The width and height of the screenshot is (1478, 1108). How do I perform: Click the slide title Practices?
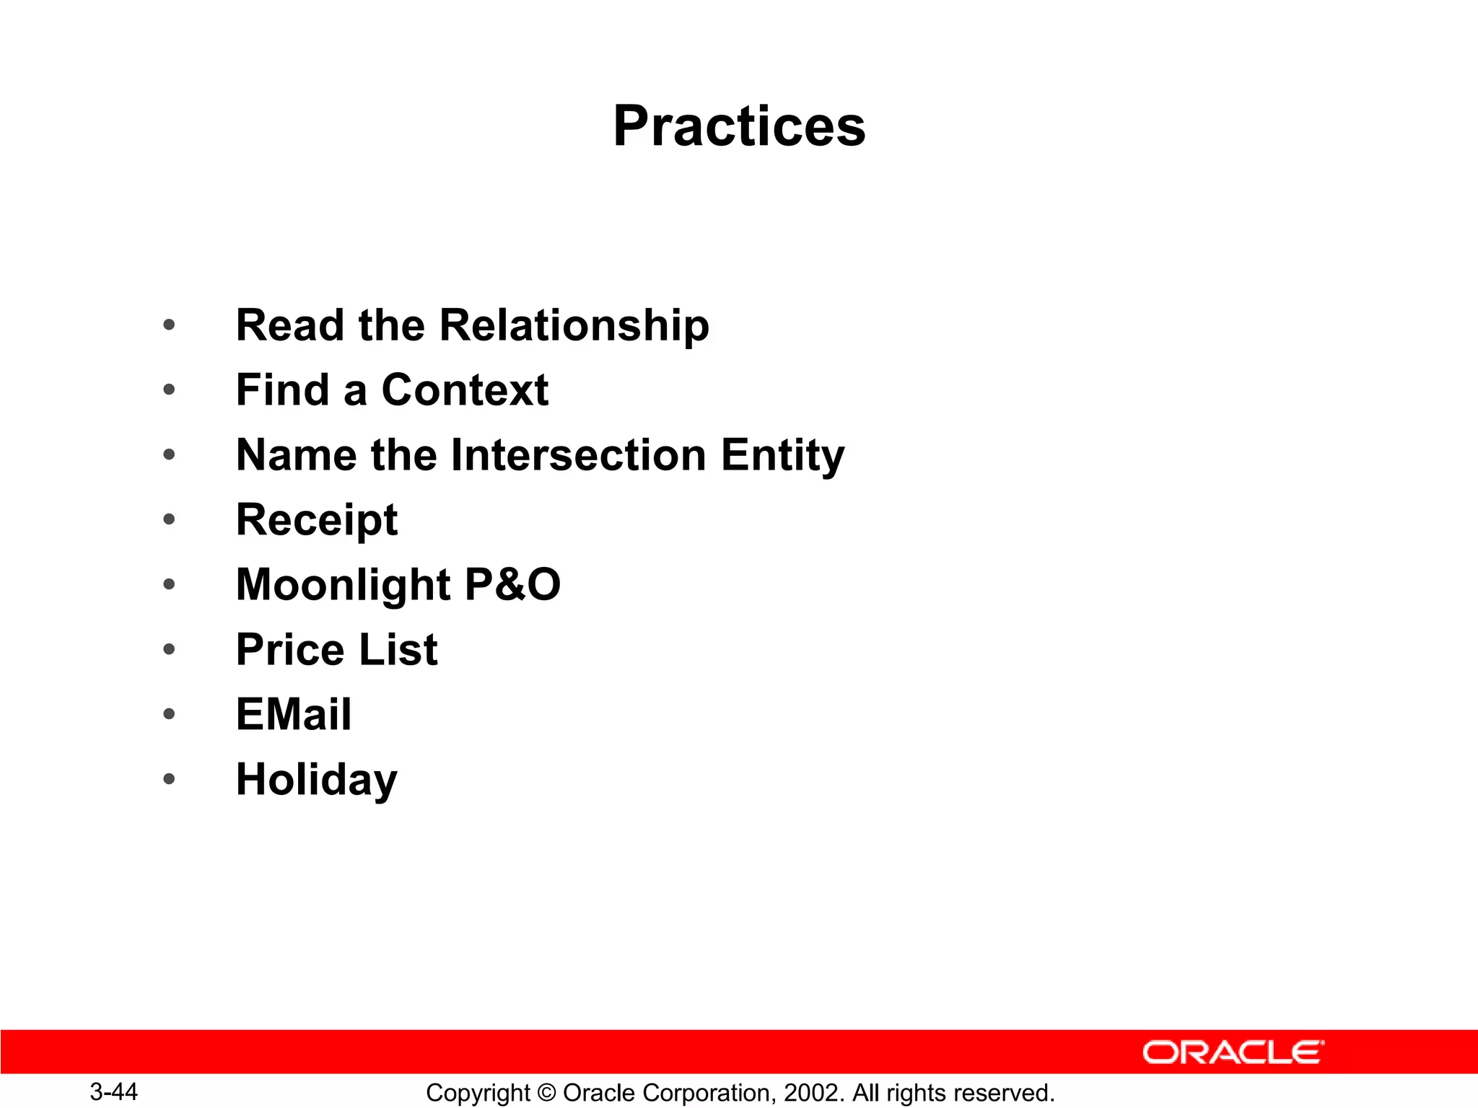click(x=739, y=126)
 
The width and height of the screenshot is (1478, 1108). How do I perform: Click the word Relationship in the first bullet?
click(x=574, y=325)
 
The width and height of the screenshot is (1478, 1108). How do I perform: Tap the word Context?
click(x=465, y=390)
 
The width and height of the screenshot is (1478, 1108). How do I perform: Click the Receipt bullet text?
click(x=316, y=520)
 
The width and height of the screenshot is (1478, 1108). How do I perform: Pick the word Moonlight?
click(x=343, y=585)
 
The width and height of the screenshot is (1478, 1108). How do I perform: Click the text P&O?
click(x=512, y=584)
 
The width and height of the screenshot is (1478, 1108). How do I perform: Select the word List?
click(x=398, y=649)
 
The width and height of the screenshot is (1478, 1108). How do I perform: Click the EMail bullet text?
click(x=294, y=714)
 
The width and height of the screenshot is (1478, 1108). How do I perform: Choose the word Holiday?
click(x=316, y=780)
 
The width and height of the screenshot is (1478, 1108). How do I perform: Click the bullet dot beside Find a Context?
click(x=169, y=390)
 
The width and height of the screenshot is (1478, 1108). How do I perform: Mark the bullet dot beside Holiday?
click(x=169, y=779)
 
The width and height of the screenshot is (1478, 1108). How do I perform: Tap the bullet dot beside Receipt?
click(x=169, y=519)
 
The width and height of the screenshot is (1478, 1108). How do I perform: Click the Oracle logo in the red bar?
click(x=1233, y=1052)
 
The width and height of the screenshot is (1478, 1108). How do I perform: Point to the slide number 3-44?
click(x=113, y=1091)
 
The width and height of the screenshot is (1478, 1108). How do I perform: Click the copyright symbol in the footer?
click(x=546, y=1093)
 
